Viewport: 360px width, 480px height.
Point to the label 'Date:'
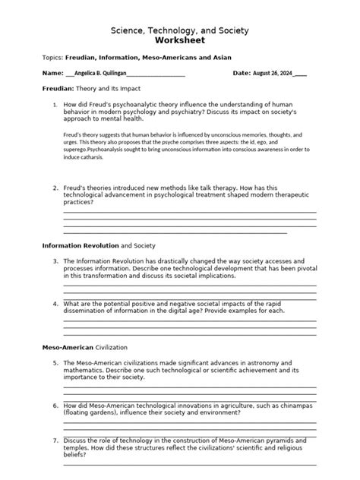pos(242,73)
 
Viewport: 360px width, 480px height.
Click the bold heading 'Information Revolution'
pos(80,246)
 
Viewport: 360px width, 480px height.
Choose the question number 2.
pos(56,188)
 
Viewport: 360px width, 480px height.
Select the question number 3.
pos(56,261)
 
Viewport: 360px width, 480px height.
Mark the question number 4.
pos(56,303)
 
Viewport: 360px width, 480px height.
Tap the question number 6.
pos(56,406)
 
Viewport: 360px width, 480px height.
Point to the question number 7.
pos(56,441)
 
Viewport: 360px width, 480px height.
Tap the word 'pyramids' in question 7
pos(274,441)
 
